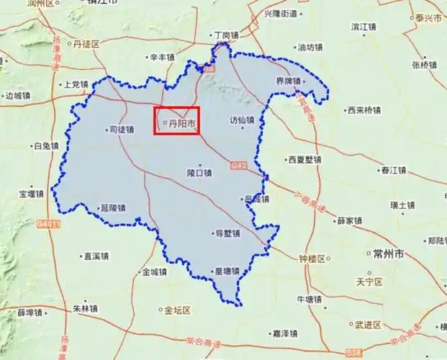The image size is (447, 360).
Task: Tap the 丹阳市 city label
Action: tap(181, 123)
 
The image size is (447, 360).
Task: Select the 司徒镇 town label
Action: tap(120, 130)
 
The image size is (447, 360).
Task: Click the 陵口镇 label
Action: tap(199, 173)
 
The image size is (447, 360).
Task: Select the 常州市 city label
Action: tap(389, 254)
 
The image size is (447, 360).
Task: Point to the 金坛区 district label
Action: tap(176, 311)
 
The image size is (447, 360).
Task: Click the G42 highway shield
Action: tap(239, 166)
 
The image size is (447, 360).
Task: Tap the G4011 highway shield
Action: tap(47, 225)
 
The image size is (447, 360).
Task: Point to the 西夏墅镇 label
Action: tap(303, 160)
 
